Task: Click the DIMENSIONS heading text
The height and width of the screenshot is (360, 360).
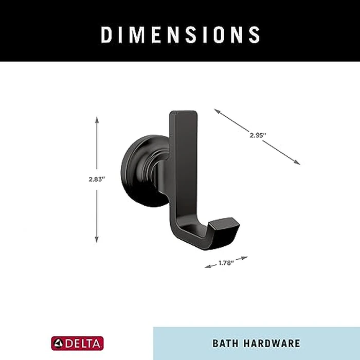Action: pos(181,34)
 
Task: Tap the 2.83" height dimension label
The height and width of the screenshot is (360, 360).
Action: pos(96,179)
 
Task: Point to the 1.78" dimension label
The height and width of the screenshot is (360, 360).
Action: pos(226,263)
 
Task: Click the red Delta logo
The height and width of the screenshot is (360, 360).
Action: pos(77,343)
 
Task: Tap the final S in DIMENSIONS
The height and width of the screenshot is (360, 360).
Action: pos(254,34)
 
